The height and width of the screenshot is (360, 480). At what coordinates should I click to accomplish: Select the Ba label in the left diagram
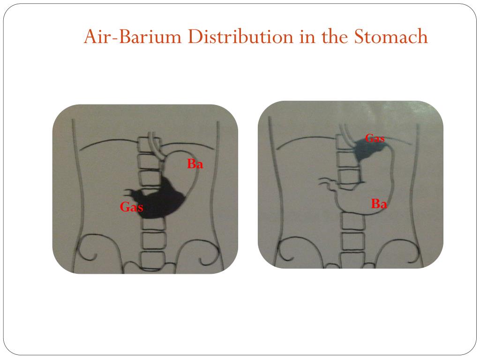pos(195,165)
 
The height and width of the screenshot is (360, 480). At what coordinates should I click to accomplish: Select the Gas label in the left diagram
pos(131,207)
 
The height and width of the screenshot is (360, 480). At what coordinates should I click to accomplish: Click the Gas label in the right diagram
pos(375,138)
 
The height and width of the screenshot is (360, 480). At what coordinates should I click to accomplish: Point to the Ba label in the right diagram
pos(379,204)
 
